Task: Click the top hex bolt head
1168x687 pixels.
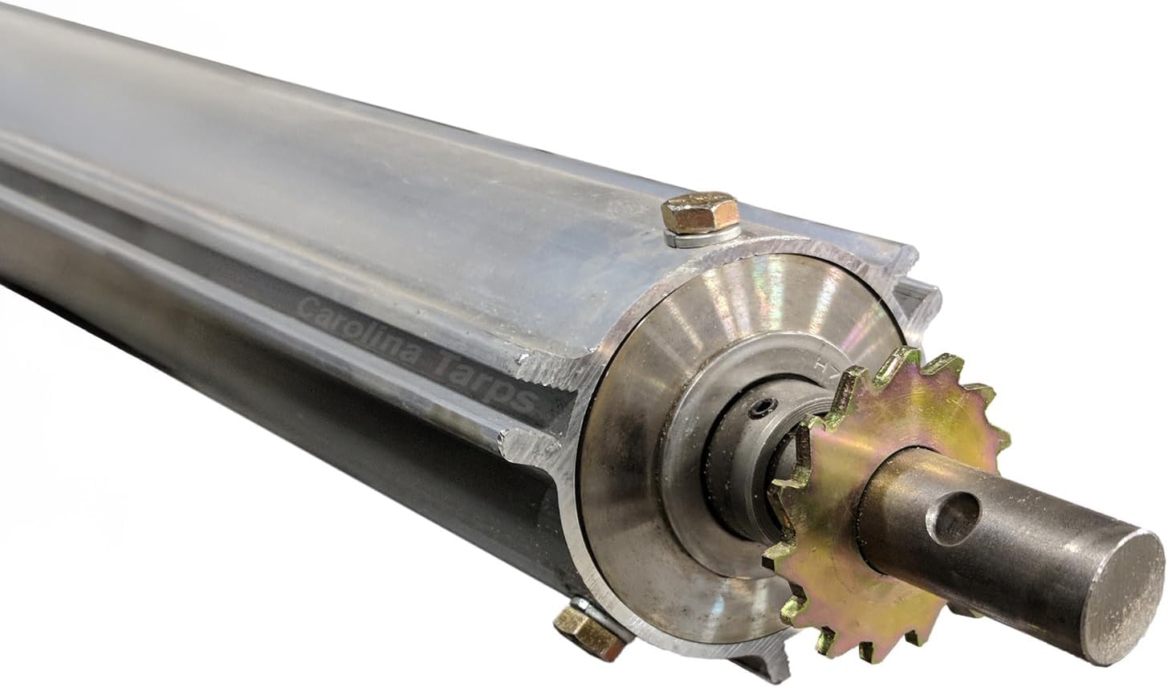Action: [x=699, y=212]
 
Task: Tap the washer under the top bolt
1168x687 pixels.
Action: [x=697, y=234]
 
